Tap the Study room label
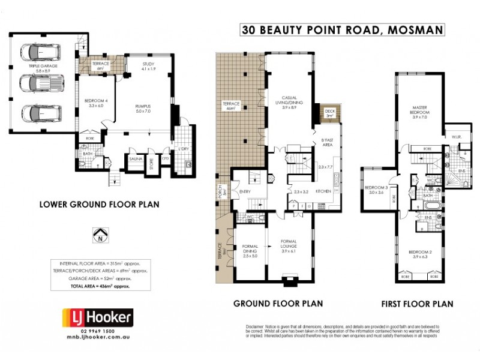click(149, 67)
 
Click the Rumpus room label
click(142, 109)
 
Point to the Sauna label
click(135, 159)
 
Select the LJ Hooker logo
click(98, 317)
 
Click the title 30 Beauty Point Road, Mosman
click(342, 29)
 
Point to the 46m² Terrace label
click(232, 106)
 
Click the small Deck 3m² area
click(329, 113)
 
